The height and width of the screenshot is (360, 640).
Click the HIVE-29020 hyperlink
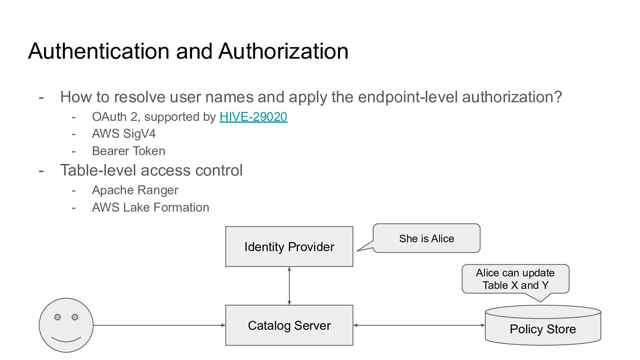[x=253, y=117]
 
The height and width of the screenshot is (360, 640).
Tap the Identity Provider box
[x=289, y=247]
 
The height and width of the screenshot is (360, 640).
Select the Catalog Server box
[x=289, y=325]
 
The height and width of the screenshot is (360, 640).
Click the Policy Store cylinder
[x=543, y=325]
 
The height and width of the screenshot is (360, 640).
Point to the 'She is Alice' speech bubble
[x=427, y=238]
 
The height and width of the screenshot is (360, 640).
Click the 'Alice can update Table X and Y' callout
[x=516, y=279]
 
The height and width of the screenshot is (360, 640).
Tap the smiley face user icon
[x=66, y=325]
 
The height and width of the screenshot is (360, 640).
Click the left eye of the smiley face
[x=57, y=317]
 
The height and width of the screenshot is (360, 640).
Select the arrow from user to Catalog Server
[x=160, y=325]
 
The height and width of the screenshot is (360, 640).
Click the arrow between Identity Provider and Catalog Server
[x=289, y=286]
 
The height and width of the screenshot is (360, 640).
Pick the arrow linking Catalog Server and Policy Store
[x=419, y=325]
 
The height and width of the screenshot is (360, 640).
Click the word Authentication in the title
[x=99, y=52]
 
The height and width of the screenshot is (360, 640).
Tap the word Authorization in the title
[x=284, y=52]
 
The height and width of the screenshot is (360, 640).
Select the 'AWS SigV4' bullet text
[x=124, y=134]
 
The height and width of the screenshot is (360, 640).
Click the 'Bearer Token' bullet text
[x=128, y=151]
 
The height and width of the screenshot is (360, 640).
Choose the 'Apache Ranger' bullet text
[x=135, y=190]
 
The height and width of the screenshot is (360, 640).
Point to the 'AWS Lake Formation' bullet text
[x=151, y=208]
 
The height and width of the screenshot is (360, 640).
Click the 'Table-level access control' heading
[x=152, y=170]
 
